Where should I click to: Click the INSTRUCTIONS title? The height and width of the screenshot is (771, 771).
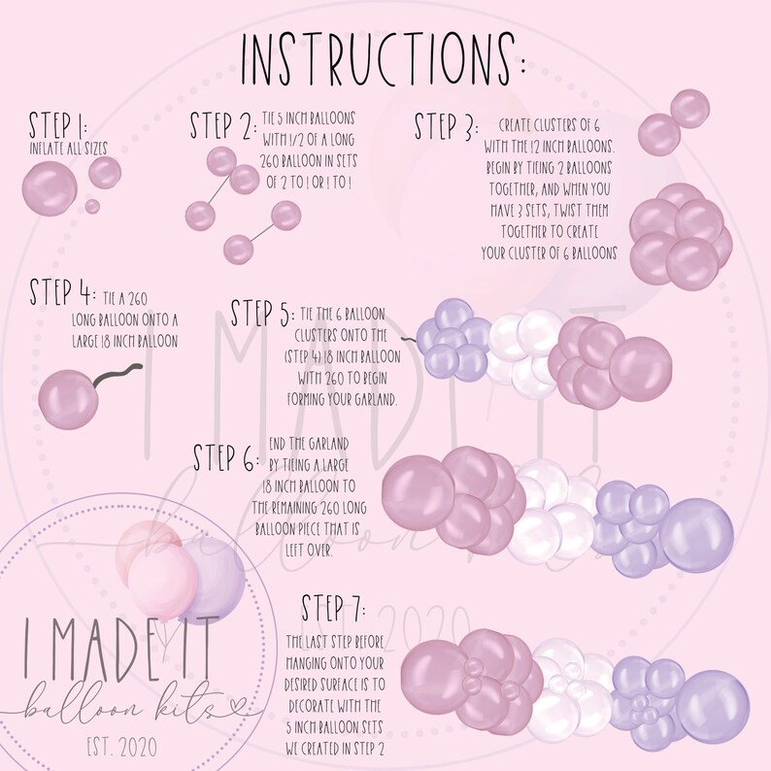[383, 60]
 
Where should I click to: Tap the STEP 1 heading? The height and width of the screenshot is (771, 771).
[58, 125]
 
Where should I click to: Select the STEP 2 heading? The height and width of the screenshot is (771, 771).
[223, 125]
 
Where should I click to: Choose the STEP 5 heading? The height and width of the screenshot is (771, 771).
[263, 314]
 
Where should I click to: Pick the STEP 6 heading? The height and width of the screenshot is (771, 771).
[225, 457]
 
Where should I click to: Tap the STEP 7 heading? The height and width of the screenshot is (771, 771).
[333, 608]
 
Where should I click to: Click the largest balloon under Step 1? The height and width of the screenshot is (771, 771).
[50, 188]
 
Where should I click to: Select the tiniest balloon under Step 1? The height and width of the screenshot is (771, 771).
[92, 206]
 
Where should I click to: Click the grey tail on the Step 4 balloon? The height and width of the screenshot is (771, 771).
[117, 375]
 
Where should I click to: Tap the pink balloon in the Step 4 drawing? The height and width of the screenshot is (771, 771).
[68, 399]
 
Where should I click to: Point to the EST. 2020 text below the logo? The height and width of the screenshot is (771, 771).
[122, 747]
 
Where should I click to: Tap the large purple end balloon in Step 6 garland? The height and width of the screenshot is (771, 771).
[696, 535]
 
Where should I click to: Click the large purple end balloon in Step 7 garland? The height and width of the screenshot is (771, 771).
[713, 706]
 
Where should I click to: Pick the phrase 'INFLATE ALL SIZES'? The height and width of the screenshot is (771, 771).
[68, 149]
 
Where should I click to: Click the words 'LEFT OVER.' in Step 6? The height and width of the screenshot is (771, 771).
[309, 551]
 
